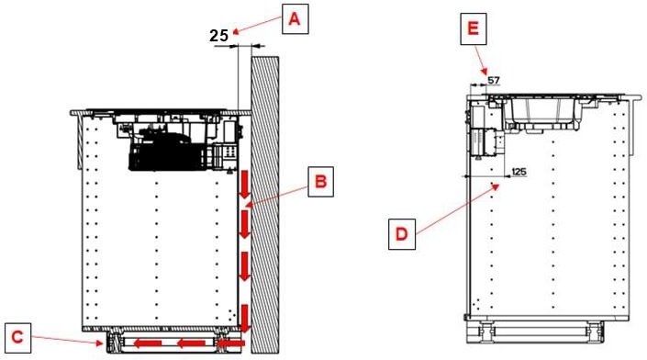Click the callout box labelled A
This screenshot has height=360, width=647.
[295, 19]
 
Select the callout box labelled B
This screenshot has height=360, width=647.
[320, 182]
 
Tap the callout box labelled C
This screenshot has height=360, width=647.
[17, 338]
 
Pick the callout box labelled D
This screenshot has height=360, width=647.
[401, 234]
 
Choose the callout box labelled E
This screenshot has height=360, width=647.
[474, 28]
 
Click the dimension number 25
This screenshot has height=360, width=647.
[218, 36]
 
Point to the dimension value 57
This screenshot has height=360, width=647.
[494, 80]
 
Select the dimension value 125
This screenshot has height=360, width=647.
[519, 171]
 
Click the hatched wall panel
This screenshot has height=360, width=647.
[265, 205]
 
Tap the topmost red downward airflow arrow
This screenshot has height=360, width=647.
[245, 185]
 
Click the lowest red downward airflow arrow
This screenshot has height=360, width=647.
[246, 319]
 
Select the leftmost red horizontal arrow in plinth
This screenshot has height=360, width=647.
[148, 343]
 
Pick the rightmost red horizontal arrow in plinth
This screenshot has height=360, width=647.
[231, 343]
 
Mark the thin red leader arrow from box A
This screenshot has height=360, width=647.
[257, 25]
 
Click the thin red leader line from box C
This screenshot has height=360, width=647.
[67, 340]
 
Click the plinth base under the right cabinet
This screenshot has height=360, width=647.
[535, 332]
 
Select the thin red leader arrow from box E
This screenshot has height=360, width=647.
[481, 60]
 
